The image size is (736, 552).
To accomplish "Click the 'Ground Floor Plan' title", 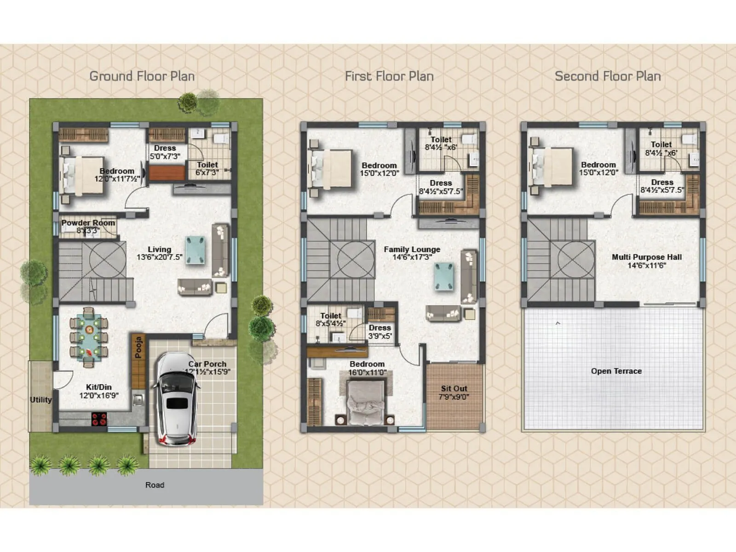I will pyautogui.click(x=142, y=76).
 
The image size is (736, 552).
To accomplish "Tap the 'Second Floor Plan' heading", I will pyautogui.click(x=607, y=76).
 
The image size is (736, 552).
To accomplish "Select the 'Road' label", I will pyautogui.click(x=155, y=485).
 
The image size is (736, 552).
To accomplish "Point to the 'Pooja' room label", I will pyautogui.click(x=138, y=348).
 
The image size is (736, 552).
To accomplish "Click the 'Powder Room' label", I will pyautogui.click(x=88, y=223).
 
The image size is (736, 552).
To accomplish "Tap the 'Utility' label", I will pyautogui.click(x=40, y=399).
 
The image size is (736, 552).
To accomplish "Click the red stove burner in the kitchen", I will pyautogui.click(x=99, y=419).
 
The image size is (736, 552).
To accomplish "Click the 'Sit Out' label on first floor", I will pyautogui.click(x=454, y=389).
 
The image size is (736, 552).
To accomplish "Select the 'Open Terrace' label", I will pyautogui.click(x=616, y=371).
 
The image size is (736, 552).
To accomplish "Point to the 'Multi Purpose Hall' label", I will pyautogui.click(x=646, y=257).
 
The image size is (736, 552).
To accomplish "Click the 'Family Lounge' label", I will pyautogui.click(x=412, y=249).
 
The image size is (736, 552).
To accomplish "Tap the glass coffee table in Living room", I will pyautogui.click(x=195, y=250).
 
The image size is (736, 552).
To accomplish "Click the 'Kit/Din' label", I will pyautogui.click(x=98, y=387).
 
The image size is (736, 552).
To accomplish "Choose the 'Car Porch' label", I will pyautogui.click(x=207, y=364).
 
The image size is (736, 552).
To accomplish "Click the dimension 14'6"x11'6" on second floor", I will pyautogui.click(x=646, y=265).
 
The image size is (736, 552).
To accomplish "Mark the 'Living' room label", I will pyautogui.click(x=159, y=249).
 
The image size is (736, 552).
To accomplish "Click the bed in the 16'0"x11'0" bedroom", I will pyautogui.click(x=366, y=402).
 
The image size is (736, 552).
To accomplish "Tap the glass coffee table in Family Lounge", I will pyautogui.click(x=444, y=277).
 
